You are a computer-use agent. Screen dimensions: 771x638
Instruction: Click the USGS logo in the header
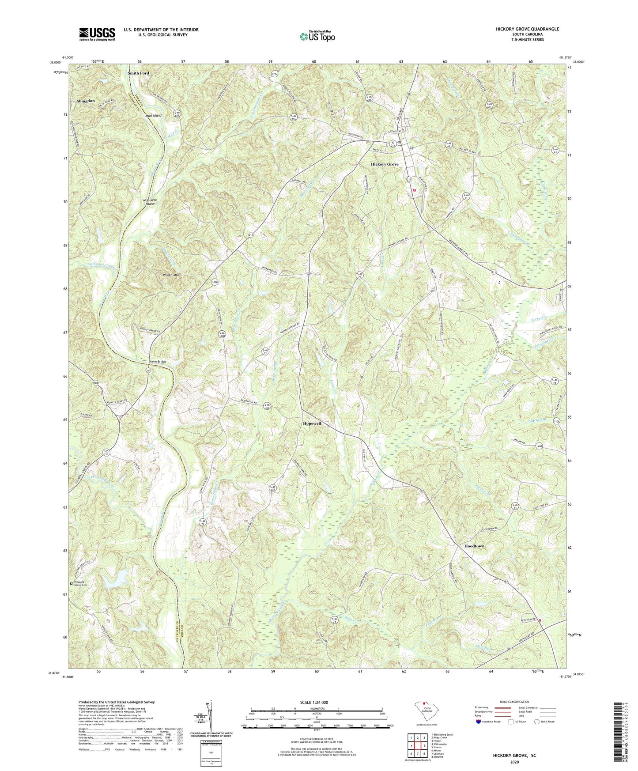point(97,34)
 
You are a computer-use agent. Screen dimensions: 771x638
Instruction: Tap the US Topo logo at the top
point(317,36)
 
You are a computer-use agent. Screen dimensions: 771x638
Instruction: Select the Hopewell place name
point(315,423)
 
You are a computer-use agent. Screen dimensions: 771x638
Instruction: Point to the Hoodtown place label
point(474,546)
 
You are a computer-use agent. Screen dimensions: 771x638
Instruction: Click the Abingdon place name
point(86,101)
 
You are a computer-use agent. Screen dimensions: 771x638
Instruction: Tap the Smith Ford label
point(138,73)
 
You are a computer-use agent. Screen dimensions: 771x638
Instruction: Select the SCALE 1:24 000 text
point(317,703)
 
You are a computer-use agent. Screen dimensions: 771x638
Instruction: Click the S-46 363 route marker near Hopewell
point(267,406)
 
